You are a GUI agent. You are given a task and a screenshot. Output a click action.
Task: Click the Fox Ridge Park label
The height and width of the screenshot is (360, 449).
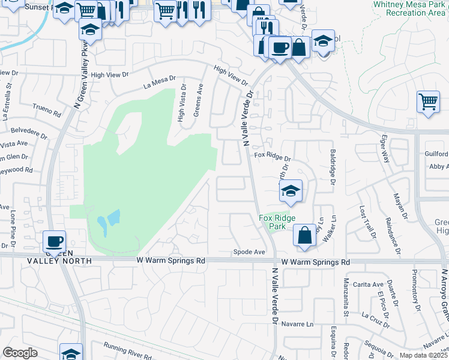point(273,222)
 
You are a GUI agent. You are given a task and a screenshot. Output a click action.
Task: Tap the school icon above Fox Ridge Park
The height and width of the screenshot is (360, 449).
point(291,192)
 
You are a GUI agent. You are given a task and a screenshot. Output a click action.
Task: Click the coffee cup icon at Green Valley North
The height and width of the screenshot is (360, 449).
point(54,242)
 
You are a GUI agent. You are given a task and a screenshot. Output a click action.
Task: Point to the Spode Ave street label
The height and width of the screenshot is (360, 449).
point(249,253)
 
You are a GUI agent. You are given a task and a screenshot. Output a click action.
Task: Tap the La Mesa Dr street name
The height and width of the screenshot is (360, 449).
point(159,79)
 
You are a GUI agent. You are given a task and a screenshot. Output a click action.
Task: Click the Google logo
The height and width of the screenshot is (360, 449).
point(20,353)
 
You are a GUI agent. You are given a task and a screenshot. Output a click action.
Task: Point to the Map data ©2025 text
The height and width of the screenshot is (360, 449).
point(423,355)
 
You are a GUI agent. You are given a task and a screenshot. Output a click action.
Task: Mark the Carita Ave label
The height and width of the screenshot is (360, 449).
point(368,284)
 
